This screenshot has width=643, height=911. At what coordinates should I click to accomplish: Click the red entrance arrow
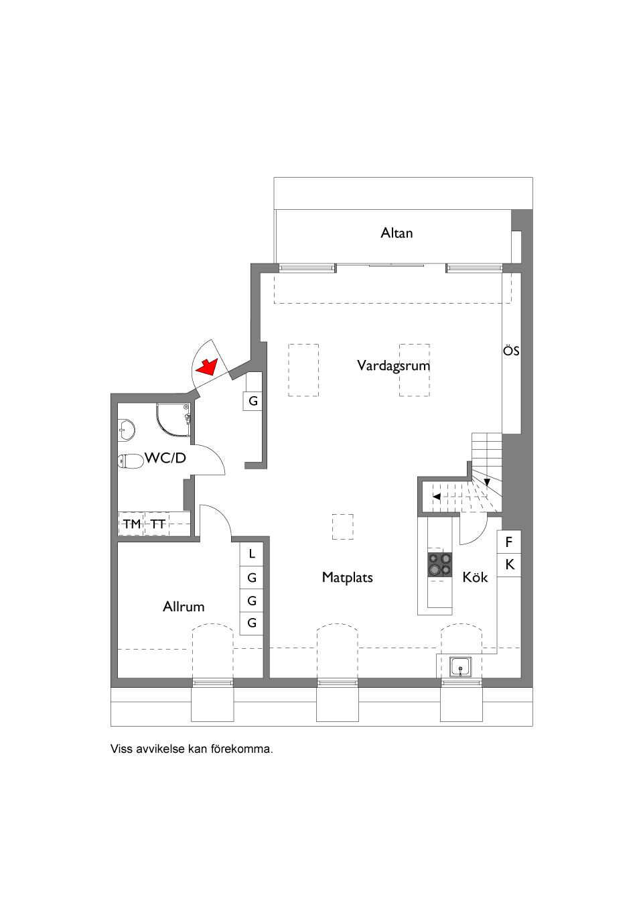click(x=208, y=367)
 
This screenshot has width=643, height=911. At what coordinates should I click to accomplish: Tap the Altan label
click(x=397, y=233)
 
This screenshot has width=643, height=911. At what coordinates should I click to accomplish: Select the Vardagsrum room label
click(x=393, y=365)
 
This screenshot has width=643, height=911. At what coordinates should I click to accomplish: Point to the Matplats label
click(x=347, y=577)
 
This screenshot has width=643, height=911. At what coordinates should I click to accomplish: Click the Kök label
click(x=475, y=577)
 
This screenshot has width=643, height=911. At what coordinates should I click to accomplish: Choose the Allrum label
click(x=184, y=607)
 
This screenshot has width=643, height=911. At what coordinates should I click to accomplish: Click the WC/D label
click(x=165, y=458)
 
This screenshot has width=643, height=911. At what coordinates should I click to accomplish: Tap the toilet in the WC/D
click(x=131, y=462)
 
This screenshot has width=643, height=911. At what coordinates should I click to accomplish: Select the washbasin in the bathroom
click(x=127, y=430)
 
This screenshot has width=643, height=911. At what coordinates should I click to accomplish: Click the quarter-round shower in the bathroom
click(x=173, y=419)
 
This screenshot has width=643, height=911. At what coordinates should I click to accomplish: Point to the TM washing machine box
click(x=132, y=524)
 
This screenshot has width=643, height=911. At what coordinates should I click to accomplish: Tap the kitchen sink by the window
click(x=461, y=667)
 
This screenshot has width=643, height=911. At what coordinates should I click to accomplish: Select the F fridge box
click(x=509, y=542)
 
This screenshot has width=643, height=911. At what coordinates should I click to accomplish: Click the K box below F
click(x=509, y=564)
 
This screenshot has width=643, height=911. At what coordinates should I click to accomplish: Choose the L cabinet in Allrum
click(x=252, y=554)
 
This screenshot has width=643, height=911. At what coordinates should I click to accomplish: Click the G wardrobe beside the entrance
click(x=253, y=401)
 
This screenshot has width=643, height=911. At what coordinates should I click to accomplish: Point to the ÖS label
click(x=511, y=351)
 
